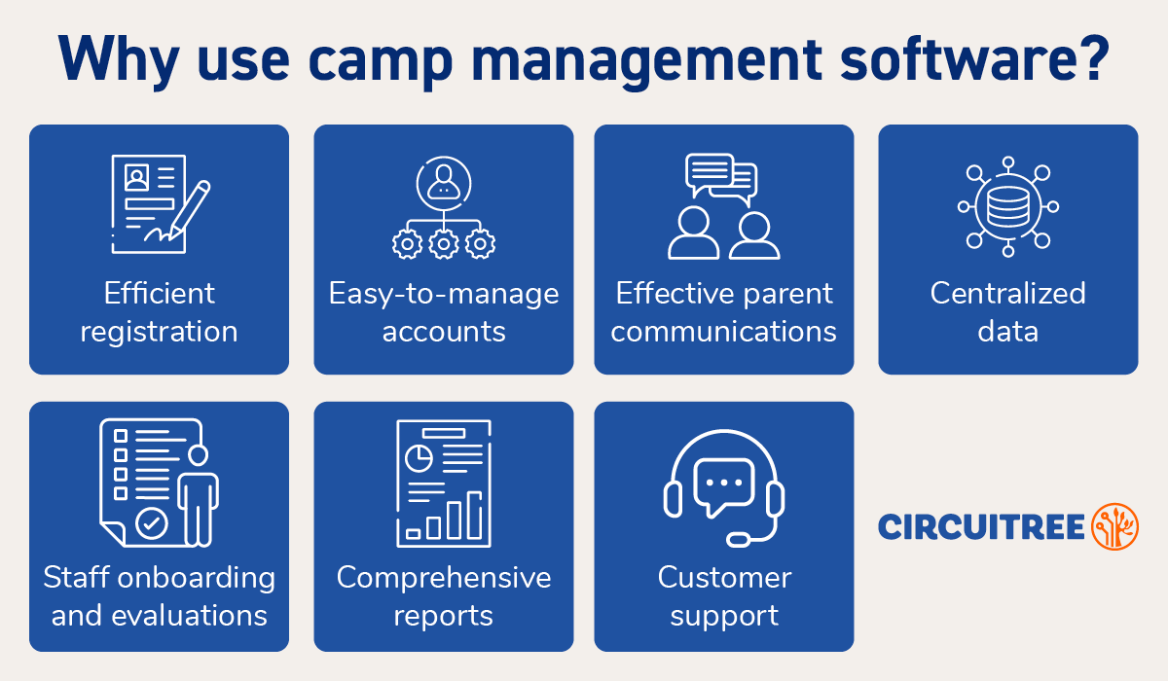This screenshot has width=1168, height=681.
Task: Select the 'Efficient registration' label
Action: [x=159, y=312]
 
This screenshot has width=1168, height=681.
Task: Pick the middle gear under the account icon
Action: [x=444, y=243]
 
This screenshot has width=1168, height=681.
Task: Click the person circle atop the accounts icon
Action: [x=444, y=181]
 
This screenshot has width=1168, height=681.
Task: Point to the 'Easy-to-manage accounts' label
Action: [x=444, y=312]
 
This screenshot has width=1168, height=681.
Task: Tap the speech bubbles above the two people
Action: [x=721, y=177]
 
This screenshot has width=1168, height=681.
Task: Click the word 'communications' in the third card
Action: [x=724, y=332]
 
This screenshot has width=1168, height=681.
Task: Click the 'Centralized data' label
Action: [x=1008, y=312]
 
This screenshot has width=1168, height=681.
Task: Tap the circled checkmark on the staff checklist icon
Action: [x=151, y=523]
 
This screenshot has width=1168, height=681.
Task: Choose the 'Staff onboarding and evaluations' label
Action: [x=159, y=596]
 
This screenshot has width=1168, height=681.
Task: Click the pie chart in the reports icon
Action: [x=420, y=456]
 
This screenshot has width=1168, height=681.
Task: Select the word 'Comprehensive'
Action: [x=444, y=578]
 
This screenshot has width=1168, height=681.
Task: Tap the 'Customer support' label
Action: [x=724, y=596]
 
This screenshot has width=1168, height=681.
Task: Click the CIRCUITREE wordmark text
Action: [x=981, y=527]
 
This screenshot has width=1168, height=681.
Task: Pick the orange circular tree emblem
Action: [x=1114, y=526]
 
